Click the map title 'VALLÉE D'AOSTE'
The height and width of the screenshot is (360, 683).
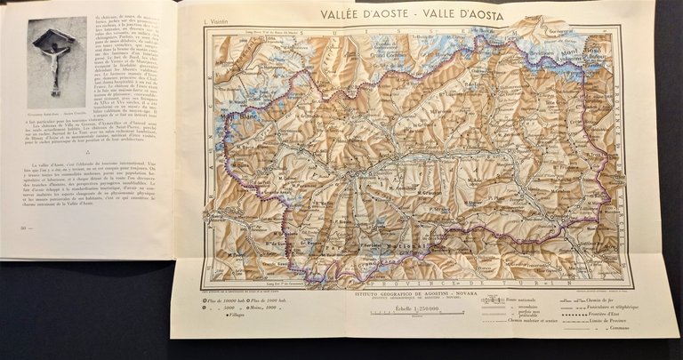(x=361, y=13)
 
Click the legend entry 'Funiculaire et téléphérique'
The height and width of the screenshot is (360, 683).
(x=617, y=308)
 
